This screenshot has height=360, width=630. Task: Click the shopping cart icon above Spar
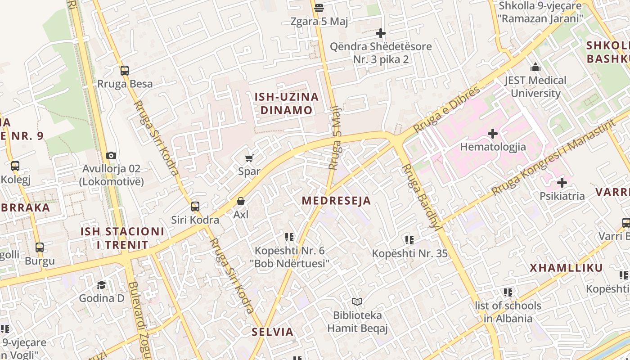click(249, 158)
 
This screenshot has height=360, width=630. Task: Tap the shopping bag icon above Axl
click(241, 201)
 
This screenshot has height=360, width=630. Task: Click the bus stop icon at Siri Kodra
click(195, 207)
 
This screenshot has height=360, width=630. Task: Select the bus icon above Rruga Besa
click(125, 71)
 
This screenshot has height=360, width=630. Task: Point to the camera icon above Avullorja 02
click(111, 156)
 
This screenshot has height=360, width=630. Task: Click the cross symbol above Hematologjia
click(493, 134)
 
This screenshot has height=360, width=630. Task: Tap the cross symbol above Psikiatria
click(562, 183)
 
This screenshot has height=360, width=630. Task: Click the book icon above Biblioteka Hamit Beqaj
click(357, 301)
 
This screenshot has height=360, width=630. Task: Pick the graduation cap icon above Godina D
click(102, 285)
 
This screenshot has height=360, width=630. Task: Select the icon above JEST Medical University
click(535, 67)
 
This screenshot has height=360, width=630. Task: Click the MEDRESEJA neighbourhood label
click(337, 201)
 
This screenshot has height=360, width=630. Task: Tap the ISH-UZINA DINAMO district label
click(286, 103)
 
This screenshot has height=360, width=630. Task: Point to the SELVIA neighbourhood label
click(272, 332)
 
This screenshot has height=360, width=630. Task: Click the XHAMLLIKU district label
click(566, 268)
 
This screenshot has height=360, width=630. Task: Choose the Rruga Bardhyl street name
click(420, 197)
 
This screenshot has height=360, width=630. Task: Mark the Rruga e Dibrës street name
click(446, 109)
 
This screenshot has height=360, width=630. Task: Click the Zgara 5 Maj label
click(319, 22)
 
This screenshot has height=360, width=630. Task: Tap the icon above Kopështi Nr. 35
click(409, 240)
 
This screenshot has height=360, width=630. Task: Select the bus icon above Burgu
click(40, 247)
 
